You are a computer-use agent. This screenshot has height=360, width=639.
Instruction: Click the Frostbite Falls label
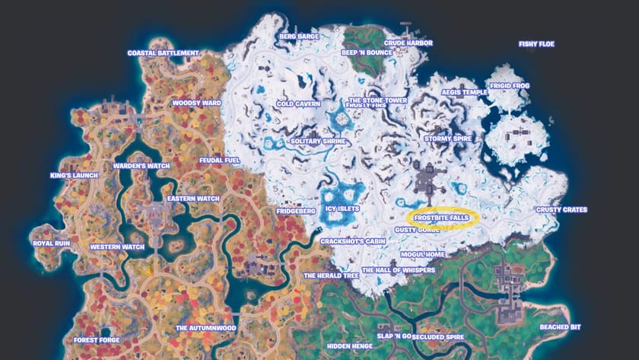pyautogui.click(x=441, y=218)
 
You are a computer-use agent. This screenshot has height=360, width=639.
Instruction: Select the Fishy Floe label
pyautogui.click(x=536, y=44)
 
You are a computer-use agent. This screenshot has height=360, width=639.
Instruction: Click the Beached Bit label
pyautogui.click(x=559, y=327)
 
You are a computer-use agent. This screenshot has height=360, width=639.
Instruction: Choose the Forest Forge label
pyautogui.click(x=97, y=340)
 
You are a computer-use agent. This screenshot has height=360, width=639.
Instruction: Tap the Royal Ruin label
pyautogui.click(x=52, y=244)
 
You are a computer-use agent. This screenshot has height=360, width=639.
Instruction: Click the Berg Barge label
pyautogui.click(x=298, y=36)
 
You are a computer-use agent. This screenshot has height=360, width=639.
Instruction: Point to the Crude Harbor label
pyautogui.click(x=408, y=43)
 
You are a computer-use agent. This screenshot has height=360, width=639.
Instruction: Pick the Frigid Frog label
pyautogui.click(x=510, y=87)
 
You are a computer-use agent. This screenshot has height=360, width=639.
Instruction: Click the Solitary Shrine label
pyautogui.click(x=319, y=142)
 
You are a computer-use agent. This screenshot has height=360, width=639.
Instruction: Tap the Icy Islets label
pyautogui.click(x=342, y=208)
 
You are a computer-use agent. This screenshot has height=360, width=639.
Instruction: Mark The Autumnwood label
pyautogui.click(x=205, y=328)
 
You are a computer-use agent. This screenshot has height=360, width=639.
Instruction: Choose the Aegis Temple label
pyautogui.click(x=464, y=92)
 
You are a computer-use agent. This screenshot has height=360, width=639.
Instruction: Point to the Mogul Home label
pyautogui.click(x=423, y=254)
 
